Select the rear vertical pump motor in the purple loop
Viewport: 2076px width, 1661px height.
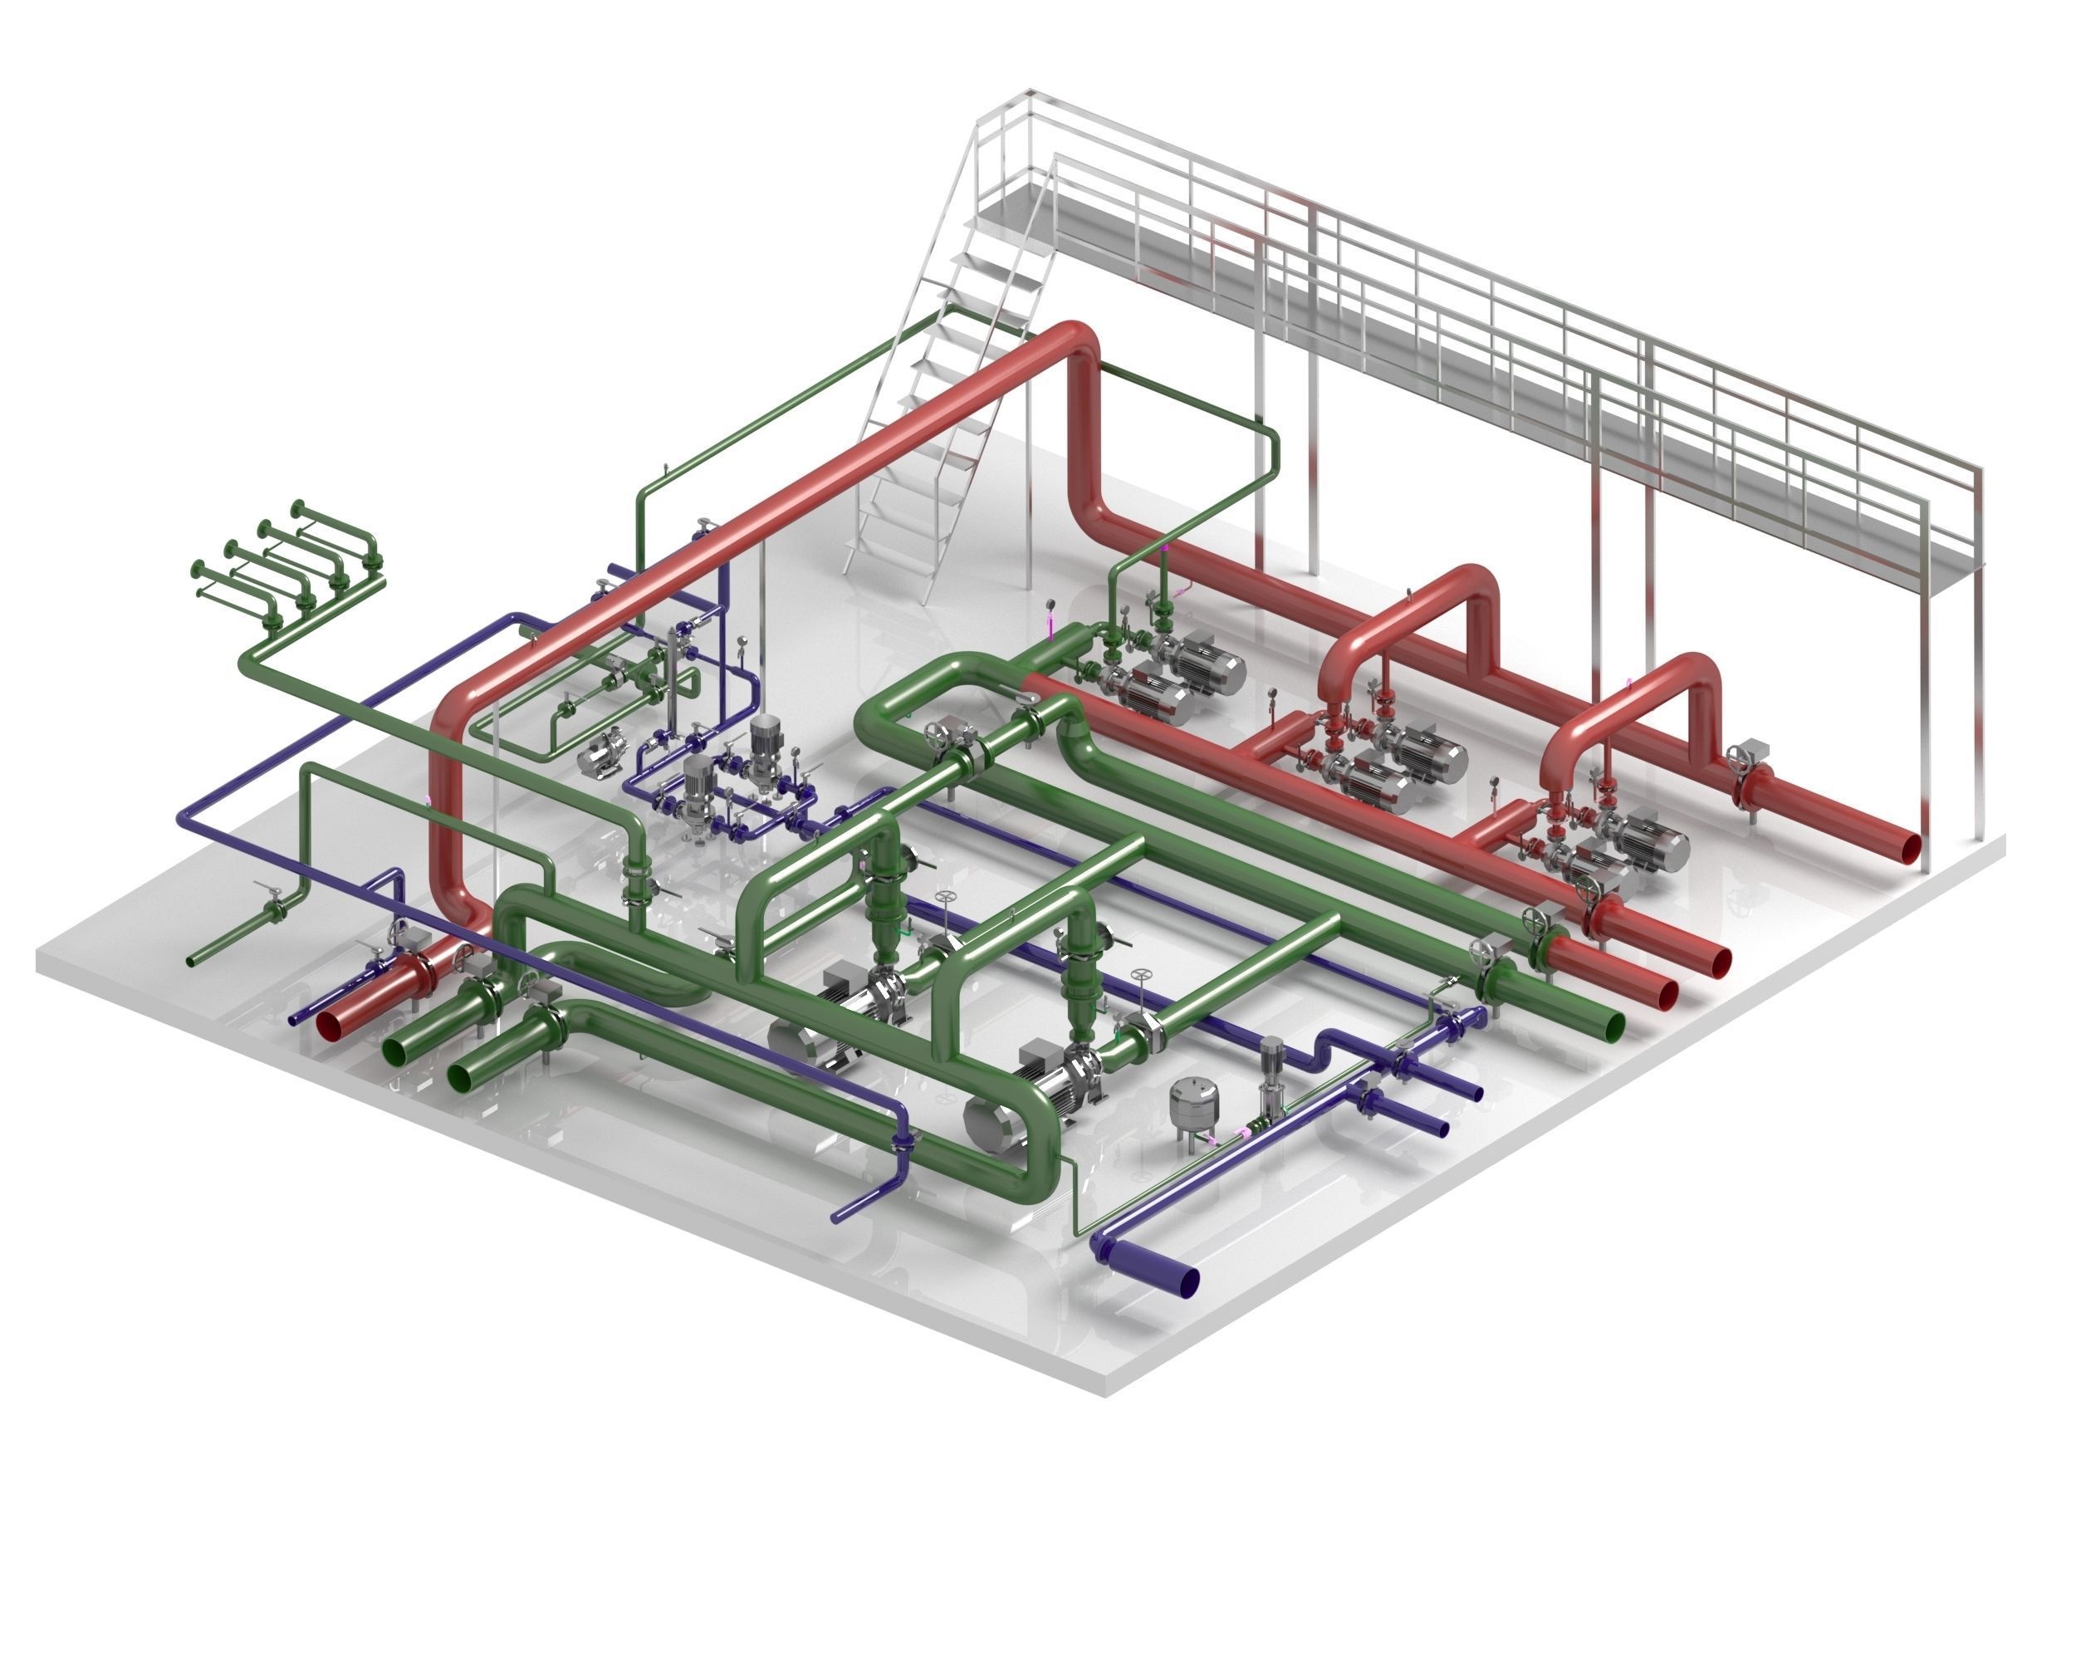pos(765,737)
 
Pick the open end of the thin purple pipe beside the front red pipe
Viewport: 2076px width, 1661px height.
pos(295,1019)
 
